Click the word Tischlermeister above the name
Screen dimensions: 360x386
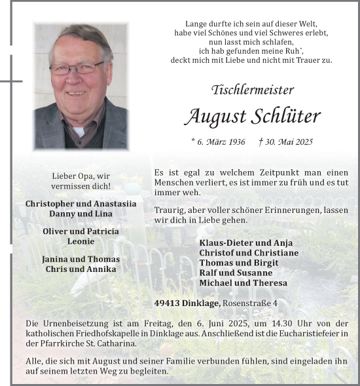(x=253, y=90)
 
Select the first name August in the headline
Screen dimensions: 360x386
(x=214, y=117)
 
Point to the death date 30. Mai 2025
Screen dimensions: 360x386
(x=286, y=142)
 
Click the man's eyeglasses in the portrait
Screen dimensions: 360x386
(x=76, y=68)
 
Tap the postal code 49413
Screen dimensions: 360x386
(x=170, y=303)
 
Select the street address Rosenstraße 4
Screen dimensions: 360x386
(x=250, y=303)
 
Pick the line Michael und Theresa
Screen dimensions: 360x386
(x=243, y=282)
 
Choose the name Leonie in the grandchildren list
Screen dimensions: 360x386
(x=81, y=241)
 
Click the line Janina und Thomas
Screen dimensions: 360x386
(x=81, y=259)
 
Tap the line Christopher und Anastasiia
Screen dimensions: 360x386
(x=81, y=204)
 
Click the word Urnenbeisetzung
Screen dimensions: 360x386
(x=77, y=324)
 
